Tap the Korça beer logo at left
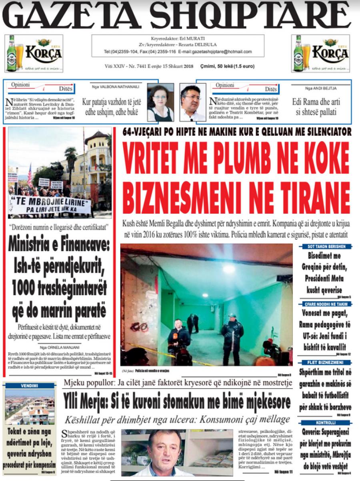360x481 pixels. [34, 53]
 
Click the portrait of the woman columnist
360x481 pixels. [160, 102]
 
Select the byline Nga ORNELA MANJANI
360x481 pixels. [58, 347]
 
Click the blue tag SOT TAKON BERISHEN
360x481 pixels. [324, 247]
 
